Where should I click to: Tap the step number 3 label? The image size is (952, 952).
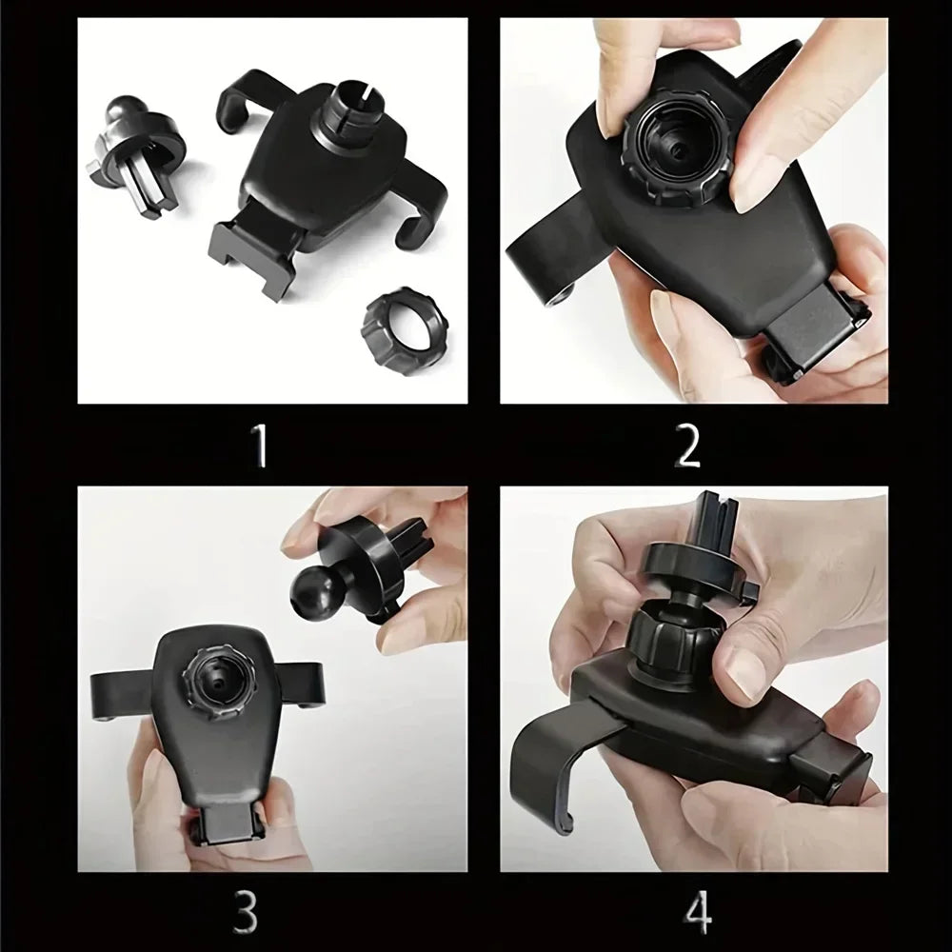point(245,911)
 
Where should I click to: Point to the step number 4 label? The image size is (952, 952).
point(698,911)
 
